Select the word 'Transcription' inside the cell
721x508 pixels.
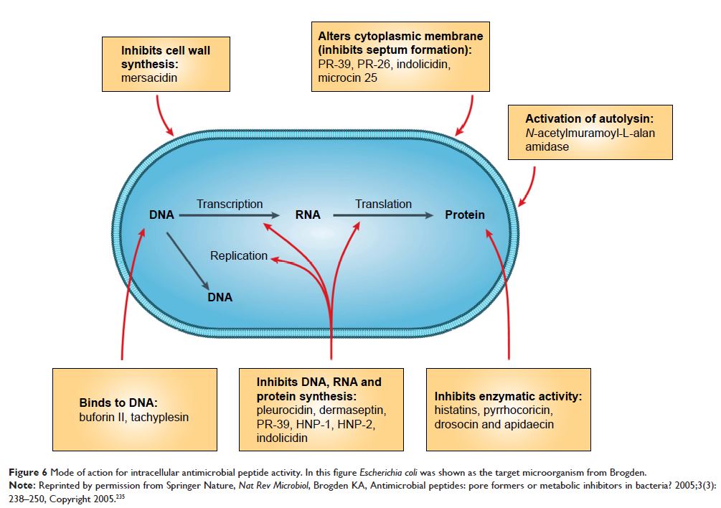230,204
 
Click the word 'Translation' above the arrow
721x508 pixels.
383,204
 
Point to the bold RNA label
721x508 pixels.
308,215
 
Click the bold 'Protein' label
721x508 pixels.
464,215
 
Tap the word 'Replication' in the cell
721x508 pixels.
238,255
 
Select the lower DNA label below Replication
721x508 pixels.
220,296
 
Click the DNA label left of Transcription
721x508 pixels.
162,215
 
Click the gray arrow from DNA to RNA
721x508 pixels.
230,215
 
